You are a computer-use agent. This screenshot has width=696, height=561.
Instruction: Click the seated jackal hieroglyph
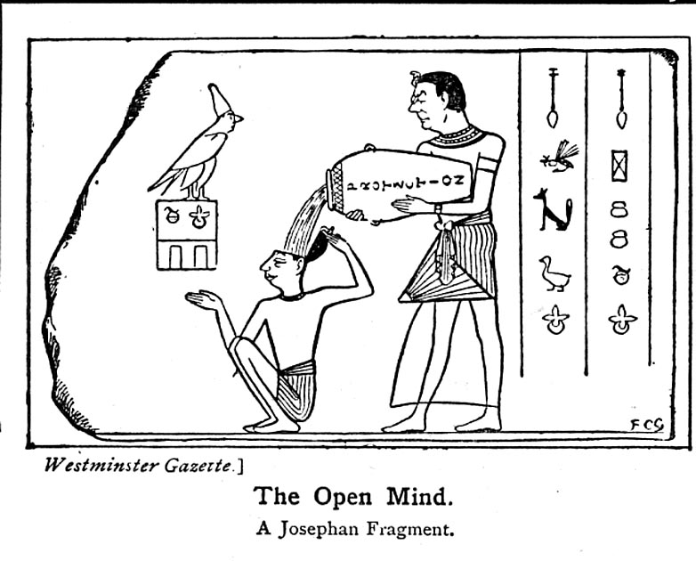pos(553,211)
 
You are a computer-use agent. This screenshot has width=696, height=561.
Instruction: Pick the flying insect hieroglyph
pos(558,157)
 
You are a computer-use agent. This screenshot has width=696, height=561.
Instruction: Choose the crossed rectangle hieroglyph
pos(619,166)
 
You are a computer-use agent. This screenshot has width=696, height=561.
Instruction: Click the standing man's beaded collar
pos(456,136)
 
